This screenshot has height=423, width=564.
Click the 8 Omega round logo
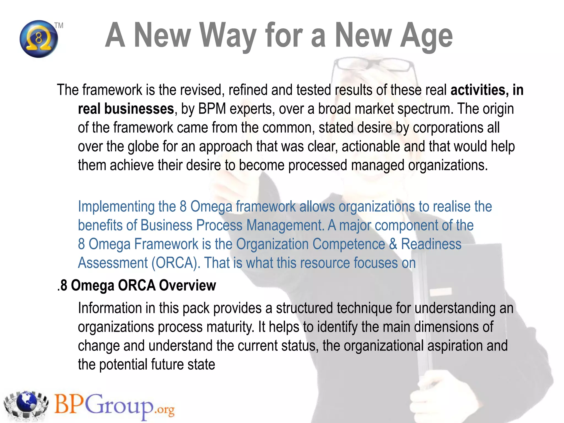39,39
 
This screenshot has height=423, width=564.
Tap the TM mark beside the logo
59,26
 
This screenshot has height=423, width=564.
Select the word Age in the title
426,36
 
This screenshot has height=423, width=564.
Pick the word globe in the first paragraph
143,146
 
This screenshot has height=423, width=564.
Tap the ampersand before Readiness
393,244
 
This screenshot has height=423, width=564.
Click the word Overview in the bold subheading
188,285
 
